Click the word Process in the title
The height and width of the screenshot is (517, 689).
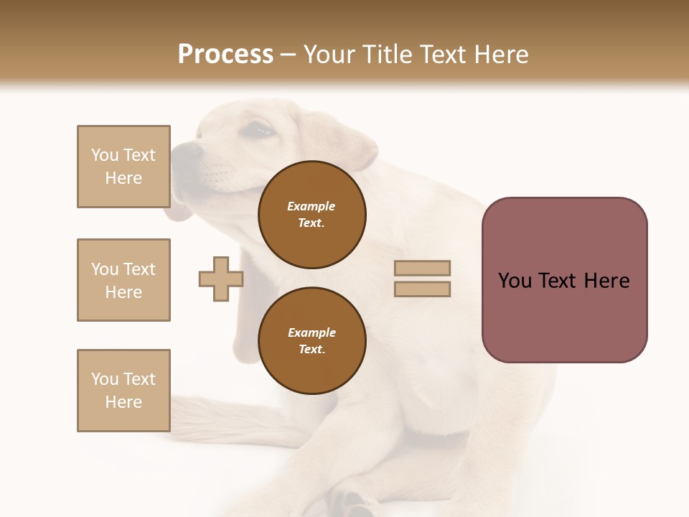225,55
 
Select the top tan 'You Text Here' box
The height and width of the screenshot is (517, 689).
123,167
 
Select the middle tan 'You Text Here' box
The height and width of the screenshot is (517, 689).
123,280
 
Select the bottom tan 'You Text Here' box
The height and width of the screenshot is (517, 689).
123,391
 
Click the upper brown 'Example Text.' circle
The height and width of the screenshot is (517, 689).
311,215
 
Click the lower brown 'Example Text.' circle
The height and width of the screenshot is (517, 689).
311,341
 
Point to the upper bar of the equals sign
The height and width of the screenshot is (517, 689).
423,268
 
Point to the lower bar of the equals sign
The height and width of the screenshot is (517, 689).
423,289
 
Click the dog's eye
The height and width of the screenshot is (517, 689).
260,130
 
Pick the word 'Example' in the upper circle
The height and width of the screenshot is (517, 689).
311,206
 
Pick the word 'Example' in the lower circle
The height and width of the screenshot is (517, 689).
311,332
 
